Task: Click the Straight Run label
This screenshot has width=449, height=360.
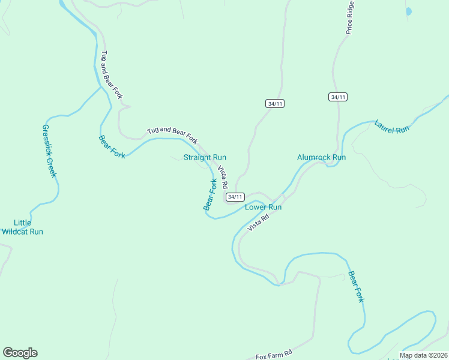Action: pyautogui.click(x=205, y=157)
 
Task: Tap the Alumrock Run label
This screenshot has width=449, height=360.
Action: pyautogui.click(x=322, y=157)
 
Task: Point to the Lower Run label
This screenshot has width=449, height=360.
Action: pyautogui.click(x=263, y=207)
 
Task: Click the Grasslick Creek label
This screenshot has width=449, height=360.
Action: pyautogui.click(x=49, y=151)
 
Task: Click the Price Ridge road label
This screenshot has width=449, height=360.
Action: pyautogui.click(x=350, y=17)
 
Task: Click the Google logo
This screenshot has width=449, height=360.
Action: pyautogui.click(x=20, y=353)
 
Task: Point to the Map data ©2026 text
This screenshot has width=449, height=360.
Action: pyautogui.click(x=423, y=355)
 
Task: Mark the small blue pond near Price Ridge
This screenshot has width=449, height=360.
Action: pyautogui.click(x=409, y=11)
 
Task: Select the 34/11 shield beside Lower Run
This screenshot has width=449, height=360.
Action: pyautogui.click(x=235, y=197)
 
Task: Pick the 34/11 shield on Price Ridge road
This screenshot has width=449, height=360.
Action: pyautogui.click(x=338, y=97)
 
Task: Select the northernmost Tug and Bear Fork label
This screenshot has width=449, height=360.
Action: pyautogui.click(x=112, y=74)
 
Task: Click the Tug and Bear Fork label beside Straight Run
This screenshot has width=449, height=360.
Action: pyautogui.click(x=173, y=135)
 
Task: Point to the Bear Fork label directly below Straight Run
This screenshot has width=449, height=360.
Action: pyautogui.click(x=210, y=194)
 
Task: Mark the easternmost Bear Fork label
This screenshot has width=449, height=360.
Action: pyautogui.click(x=356, y=287)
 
